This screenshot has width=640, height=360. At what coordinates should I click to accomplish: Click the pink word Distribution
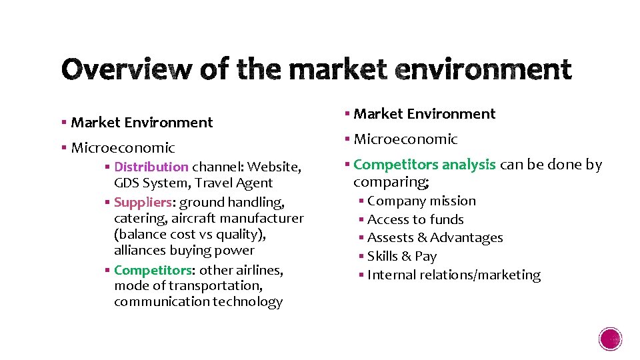[151, 167]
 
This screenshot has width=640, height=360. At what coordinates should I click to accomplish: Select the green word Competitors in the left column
[153, 270]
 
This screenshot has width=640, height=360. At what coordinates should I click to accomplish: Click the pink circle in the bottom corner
[611, 339]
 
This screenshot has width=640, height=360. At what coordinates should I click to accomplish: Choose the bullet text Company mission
[421, 201]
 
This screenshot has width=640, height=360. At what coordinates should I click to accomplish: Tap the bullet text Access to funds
[415, 219]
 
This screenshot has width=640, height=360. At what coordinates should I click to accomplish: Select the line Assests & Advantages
[435, 237]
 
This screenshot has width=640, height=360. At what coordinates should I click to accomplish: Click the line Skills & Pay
[401, 256]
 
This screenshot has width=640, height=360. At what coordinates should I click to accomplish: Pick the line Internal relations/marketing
[453, 275]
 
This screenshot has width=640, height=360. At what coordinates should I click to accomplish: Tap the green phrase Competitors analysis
[424, 164]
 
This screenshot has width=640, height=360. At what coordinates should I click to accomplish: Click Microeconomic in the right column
[405, 139]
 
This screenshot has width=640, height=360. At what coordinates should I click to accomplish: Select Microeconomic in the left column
[123, 147]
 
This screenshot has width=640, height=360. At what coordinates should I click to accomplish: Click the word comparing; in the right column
[391, 181]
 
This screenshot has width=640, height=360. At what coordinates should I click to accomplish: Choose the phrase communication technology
[198, 301]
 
